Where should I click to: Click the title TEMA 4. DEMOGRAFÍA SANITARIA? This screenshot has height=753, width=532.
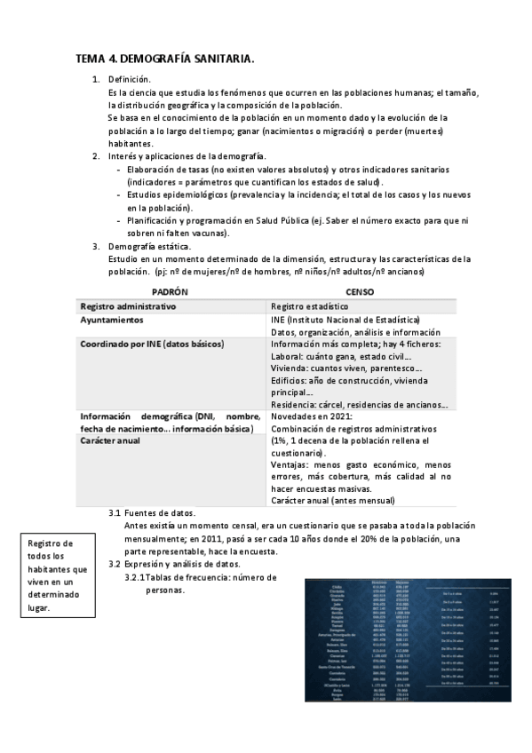[x=165, y=59]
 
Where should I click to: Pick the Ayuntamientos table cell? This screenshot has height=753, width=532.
[x=113, y=320]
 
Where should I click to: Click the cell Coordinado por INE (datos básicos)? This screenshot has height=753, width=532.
[x=152, y=344]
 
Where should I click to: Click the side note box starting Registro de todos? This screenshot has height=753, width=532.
[x=57, y=575]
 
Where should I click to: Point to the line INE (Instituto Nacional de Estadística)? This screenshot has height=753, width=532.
[x=345, y=320]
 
